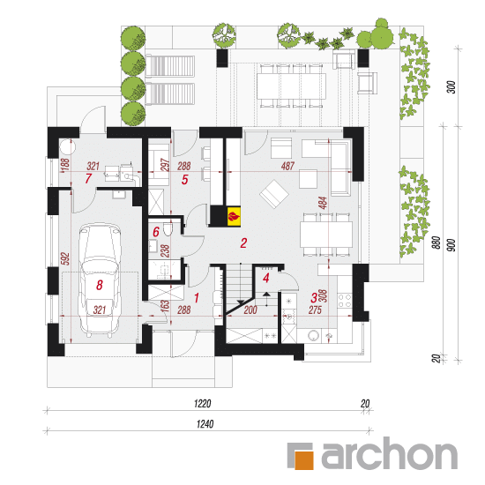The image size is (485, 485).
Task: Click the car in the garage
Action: tap(100, 280)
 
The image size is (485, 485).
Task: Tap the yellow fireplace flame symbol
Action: tap(234, 215)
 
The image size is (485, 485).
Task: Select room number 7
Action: tap(88, 178)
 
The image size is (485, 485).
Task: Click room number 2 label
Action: tap(243, 243)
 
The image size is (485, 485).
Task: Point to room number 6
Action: tap(156, 232)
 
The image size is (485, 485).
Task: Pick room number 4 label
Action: tap(266, 278)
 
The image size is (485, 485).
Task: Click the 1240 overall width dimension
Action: tap(205, 424)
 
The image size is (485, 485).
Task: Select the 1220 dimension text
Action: tap(203, 403)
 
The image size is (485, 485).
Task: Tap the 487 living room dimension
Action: tap(287, 166)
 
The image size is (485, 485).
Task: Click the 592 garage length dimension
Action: tap(65, 259)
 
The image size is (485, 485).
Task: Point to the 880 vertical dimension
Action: tap(436, 242)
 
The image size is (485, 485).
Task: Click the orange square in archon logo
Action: tap(305, 460)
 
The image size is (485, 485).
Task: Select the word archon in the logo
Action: tap(390, 453)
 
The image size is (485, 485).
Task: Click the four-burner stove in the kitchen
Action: tap(345, 301)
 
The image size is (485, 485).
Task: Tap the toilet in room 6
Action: tap(168, 229)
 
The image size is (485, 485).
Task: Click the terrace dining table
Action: tap(291, 86)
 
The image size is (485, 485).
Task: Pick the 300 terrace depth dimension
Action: tap(451, 87)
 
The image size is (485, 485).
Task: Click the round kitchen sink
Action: tap(314, 336)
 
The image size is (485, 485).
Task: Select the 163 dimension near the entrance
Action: tap(165, 306)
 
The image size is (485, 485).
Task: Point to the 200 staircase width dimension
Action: tap(250, 310)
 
